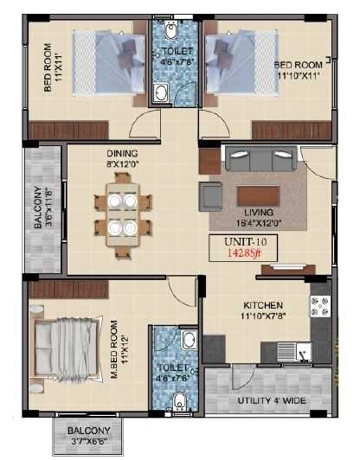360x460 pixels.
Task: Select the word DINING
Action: pyautogui.click(x=122, y=154)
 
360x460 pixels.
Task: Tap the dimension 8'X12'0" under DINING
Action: pyautogui.click(x=122, y=164)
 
